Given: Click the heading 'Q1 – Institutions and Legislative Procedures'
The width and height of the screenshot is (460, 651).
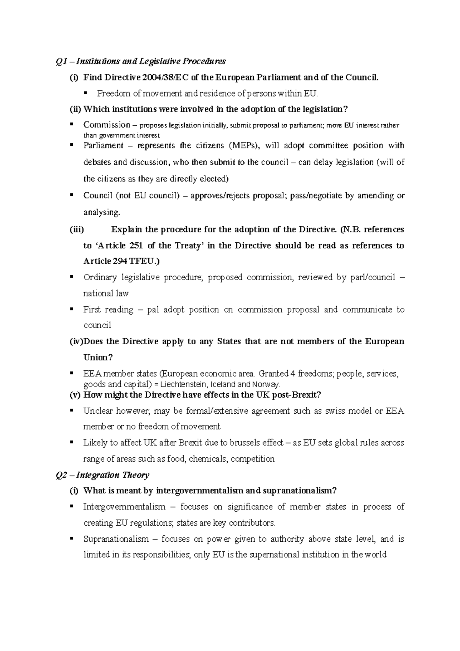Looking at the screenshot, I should point(141,61).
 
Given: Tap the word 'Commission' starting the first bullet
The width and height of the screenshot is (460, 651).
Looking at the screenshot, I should point(107,125).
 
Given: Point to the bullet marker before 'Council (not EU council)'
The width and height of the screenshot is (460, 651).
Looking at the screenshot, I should point(71,195).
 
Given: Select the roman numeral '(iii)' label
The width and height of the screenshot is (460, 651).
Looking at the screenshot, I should point(76,230).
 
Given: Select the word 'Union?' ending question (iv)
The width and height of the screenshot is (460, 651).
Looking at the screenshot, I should point(98,358).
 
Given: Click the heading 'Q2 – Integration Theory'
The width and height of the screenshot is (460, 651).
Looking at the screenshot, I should point(102,475).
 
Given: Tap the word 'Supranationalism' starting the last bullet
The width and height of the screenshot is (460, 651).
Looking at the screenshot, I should point(116,539).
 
